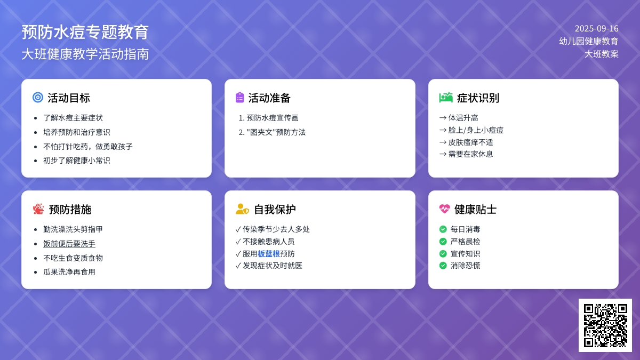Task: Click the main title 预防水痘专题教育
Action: [x=85, y=32]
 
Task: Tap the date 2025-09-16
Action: [x=597, y=29]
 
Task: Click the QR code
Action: [x=605, y=325]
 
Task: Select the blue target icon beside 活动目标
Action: [x=38, y=98]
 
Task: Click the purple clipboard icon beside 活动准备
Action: [x=239, y=98]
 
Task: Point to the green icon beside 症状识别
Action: [x=446, y=98]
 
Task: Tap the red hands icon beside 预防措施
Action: [x=38, y=209]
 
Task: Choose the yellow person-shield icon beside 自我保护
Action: [x=242, y=209]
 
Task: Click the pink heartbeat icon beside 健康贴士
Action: [x=444, y=209]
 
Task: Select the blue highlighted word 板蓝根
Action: [x=269, y=254]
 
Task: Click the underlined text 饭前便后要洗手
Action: [x=69, y=244]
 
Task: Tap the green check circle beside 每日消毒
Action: [x=443, y=229]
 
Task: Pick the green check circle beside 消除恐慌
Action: [x=443, y=266]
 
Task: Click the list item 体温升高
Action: [x=463, y=118]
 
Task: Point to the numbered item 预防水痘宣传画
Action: [x=273, y=118]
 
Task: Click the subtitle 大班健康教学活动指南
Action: [x=85, y=54]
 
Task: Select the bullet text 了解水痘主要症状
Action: [x=73, y=118]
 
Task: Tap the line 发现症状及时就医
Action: [x=273, y=266]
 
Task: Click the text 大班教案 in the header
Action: [x=602, y=54]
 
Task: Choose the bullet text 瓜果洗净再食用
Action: [x=69, y=271]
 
